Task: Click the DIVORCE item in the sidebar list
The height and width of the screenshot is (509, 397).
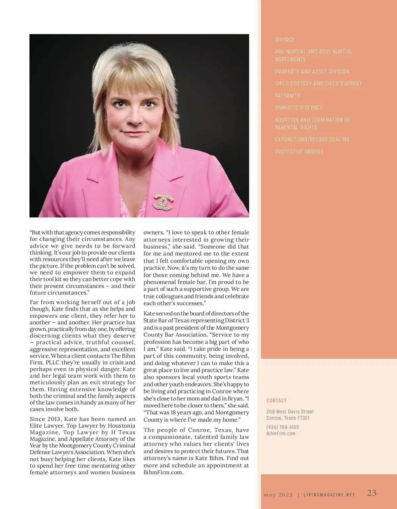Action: point(285,40)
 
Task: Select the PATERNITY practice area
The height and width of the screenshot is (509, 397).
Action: point(287,96)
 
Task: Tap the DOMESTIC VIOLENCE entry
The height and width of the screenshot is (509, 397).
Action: point(299,108)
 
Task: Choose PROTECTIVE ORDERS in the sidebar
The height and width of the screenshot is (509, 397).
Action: point(299,152)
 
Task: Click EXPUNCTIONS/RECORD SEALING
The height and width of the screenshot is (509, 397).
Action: point(312,139)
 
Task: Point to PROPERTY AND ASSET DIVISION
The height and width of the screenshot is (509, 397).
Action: point(312,71)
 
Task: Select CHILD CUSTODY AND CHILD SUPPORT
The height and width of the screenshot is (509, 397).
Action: point(318,83)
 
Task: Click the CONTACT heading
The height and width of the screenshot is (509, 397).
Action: point(276,400)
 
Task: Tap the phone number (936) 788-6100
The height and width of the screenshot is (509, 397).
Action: point(283,427)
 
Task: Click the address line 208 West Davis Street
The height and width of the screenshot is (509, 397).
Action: point(290,412)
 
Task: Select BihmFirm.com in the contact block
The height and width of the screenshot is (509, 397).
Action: point(281,434)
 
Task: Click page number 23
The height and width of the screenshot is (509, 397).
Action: point(372,493)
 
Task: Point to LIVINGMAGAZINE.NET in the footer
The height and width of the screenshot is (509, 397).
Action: point(329,495)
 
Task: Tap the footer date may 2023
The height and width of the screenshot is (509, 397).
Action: point(278,495)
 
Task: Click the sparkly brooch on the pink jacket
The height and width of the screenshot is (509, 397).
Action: point(163,202)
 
